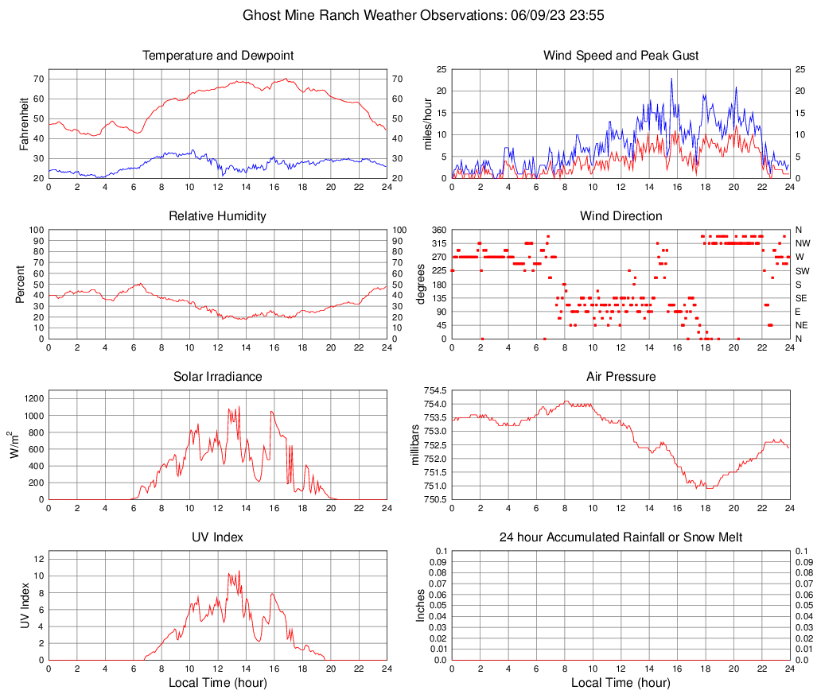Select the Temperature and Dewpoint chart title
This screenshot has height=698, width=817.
point(218,56)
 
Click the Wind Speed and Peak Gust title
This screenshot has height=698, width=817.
point(621,56)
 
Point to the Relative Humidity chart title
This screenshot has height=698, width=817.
point(218,216)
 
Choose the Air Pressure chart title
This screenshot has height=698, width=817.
point(621,377)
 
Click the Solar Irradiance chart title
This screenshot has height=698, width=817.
point(218,377)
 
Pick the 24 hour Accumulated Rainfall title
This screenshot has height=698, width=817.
point(621,538)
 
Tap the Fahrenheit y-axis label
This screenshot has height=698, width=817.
point(24,123)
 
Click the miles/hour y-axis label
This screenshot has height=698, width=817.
point(428,123)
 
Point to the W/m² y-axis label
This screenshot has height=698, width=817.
point(17,445)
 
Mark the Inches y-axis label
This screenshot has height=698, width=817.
point(421,606)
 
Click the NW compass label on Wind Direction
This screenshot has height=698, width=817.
point(803,243)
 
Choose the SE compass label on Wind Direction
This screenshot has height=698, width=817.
point(802,298)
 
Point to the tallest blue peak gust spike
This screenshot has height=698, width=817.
point(671,79)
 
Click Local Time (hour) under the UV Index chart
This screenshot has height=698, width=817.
point(218,683)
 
